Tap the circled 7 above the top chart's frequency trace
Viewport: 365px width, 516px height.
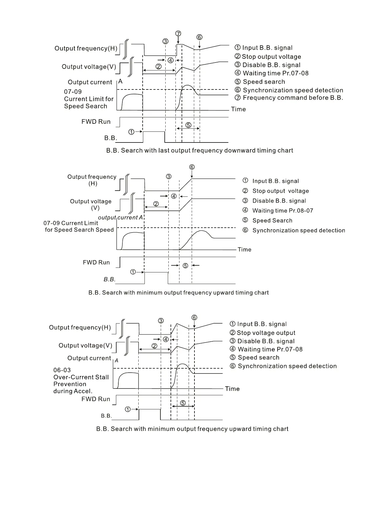[x=178, y=33]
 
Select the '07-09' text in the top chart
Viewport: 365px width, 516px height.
[x=73, y=92]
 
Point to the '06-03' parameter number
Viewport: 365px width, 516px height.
[x=62, y=370]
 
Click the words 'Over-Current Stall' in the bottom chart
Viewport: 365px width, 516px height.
[x=81, y=377]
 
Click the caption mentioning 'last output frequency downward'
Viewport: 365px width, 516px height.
[x=200, y=150]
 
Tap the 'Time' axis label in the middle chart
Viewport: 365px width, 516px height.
[x=244, y=249]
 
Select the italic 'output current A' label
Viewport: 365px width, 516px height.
[x=120, y=218]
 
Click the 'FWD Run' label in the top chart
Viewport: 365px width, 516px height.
[x=96, y=122]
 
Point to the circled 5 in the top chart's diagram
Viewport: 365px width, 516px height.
[x=188, y=125]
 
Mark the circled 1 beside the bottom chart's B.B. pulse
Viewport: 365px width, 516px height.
[x=128, y=409]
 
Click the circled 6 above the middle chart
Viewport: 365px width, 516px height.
[x=192, y=167]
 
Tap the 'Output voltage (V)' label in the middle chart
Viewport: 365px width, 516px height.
[x=91, y=204]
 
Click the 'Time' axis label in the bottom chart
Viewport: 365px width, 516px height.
[x=232, y=389]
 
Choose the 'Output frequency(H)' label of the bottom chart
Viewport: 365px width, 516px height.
[x=80, y=328]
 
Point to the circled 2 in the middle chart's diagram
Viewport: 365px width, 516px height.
[x=156, y=204]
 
